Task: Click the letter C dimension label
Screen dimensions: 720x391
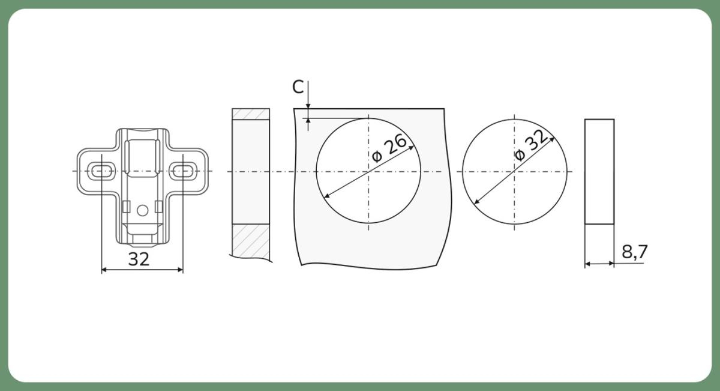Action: tap(298, 87)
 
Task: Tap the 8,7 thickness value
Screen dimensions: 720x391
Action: tap(634, 252)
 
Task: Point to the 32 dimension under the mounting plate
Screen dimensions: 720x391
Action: tap(139, 259)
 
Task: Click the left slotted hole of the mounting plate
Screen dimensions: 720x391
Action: tap(101, 171)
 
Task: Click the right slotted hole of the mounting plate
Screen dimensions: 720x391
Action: tap(183, 171)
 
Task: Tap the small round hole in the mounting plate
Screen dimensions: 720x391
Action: tap(142, 210)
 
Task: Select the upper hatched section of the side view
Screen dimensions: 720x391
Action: tap(251, 114)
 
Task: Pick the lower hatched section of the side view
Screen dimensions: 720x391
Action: tap(251, 241)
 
